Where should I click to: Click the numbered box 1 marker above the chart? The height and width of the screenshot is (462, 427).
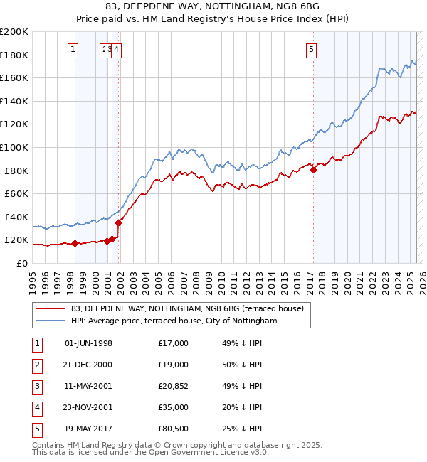point(75,49)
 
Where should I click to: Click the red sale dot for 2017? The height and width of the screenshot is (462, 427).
point(313,170)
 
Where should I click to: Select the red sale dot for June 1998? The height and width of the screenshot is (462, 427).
point(75,243)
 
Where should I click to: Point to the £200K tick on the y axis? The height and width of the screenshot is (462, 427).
point(14,32)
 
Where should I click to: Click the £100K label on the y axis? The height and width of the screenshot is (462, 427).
point(14,147)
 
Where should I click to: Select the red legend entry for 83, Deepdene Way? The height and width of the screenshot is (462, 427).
point(187,308)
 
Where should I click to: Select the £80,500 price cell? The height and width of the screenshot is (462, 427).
point(174,429)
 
